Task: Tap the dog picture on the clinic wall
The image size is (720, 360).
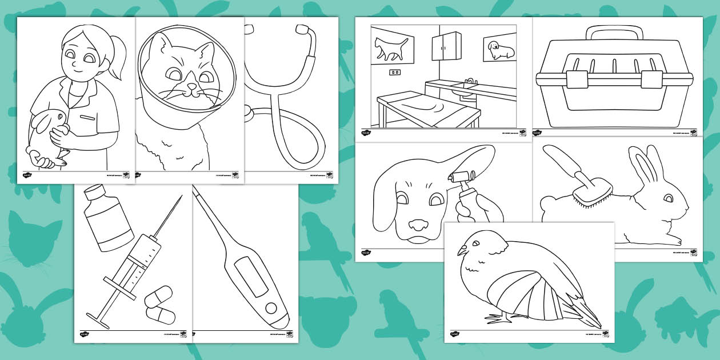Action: (x=499, y=50)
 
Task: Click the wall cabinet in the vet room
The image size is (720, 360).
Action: (x=446, y=46)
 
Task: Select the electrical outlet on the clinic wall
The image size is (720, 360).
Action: (x=394, y=72)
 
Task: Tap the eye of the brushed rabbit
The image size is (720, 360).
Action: (x=669, y=198)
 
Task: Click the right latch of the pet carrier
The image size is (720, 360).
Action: (x=652, y=79)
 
